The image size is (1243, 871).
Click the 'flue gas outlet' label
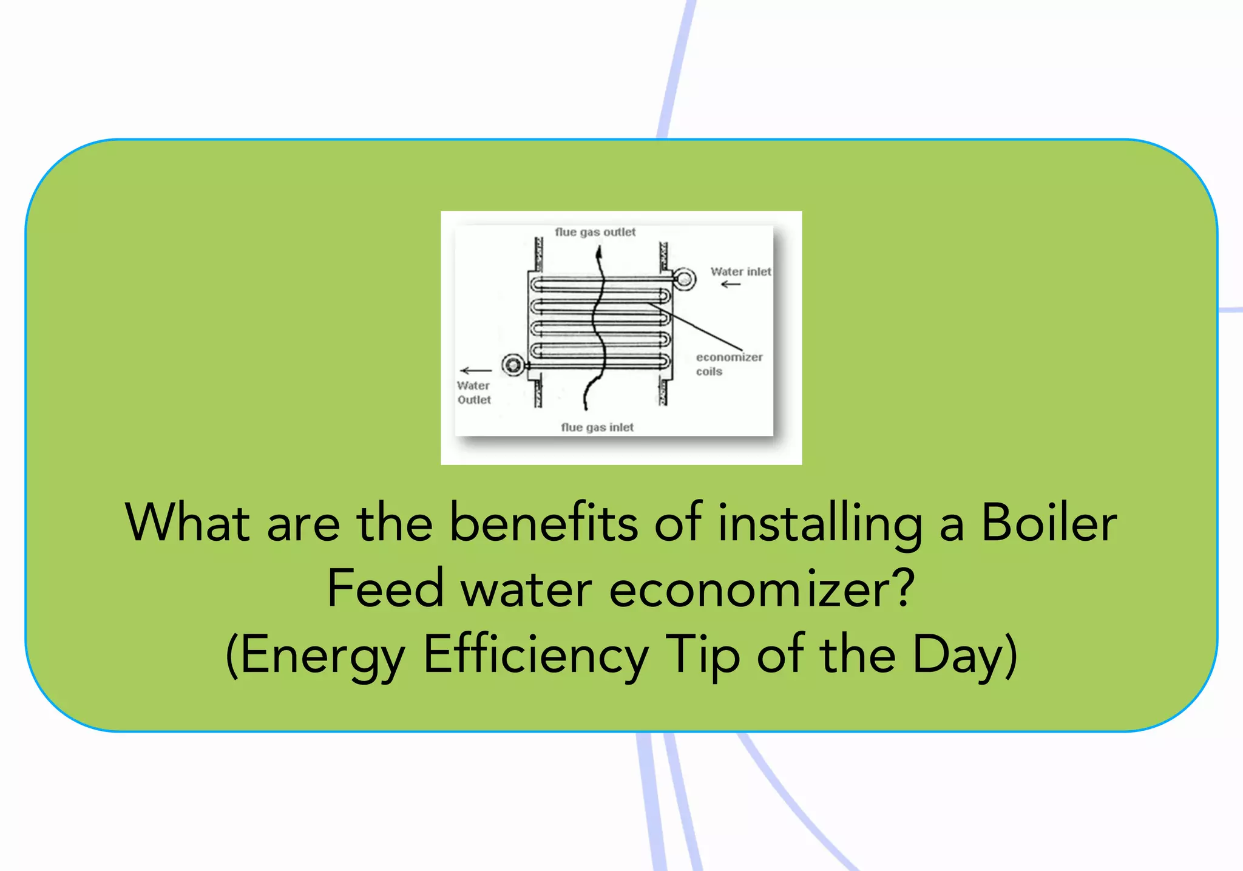595,232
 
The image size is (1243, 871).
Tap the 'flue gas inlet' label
597,427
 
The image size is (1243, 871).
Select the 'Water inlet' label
740,271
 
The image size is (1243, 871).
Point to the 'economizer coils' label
728,364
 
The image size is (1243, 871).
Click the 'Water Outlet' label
474,393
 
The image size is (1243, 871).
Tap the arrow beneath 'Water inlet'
731,284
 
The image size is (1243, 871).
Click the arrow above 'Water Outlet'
476,370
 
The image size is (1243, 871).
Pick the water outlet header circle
513,365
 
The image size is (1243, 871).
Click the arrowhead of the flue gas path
599,254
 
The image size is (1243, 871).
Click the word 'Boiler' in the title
1049,523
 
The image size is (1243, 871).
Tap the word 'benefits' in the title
543,523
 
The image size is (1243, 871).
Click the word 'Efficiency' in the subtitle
536,655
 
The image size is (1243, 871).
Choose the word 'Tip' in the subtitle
702,655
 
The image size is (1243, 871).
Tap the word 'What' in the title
187,523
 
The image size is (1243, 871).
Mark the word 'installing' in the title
819,523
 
